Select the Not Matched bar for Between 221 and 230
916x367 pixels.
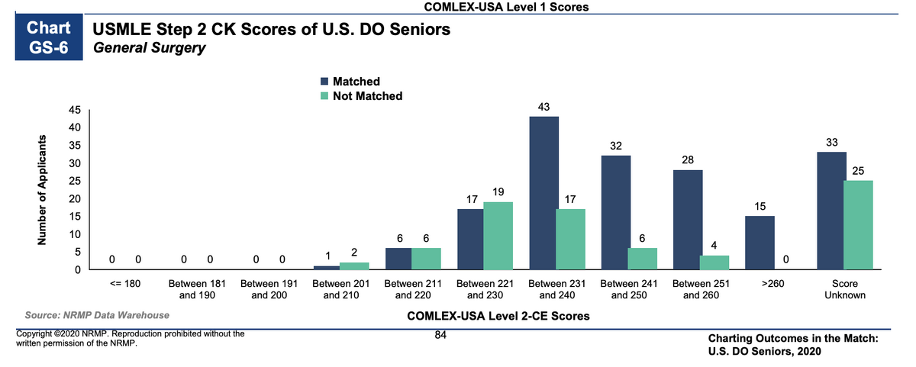pyautogui.click(x=498, y=236)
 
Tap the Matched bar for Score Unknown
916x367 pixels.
pyautogui.click(x=831, y=211)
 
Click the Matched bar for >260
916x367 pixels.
pyautogui.click(x=760, y=243)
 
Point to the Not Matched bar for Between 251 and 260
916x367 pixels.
pyautogui.click(x=714, y=262)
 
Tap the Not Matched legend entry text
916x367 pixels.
pyautogui.click(x=367, y=96)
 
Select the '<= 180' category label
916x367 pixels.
pyautogui.click(x=126, y=283)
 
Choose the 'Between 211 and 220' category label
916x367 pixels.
pyautogui.click(x=411, y=288)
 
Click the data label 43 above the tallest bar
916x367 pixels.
pyautogui.click(x=543, y=106)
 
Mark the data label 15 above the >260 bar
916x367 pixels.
pyautogui.click(x=760, y=207)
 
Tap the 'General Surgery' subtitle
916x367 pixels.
pyautogui.click(x=149, y=49)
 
